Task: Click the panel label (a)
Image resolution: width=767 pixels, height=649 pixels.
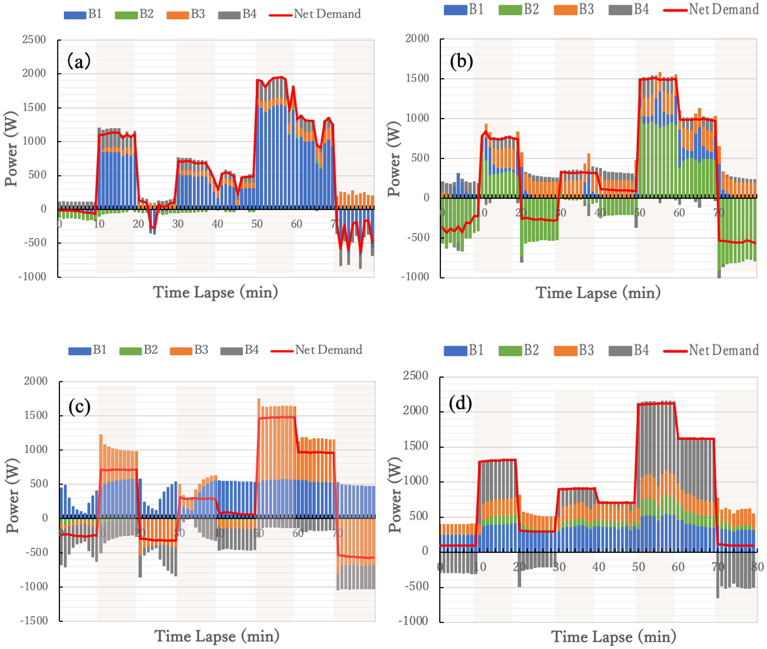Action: pyautogui.click(x=79, y=61)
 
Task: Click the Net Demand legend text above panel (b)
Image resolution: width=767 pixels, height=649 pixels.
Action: pyautogui.click(x=724, y=9)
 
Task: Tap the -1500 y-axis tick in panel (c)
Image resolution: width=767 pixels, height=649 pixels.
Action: pyautogui.click(x=34, y=621)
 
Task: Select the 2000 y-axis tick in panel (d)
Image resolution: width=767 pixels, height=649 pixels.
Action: pyautogui.click(x=415, y=410)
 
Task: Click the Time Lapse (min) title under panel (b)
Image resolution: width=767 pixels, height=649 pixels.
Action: pyautogui.click(x=598, y=293)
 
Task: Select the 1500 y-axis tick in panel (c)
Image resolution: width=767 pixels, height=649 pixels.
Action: pyautogui.click(x=36, y=415)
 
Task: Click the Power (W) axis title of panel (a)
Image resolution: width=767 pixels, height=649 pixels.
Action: pyautogui.click(x=11, y=149)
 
